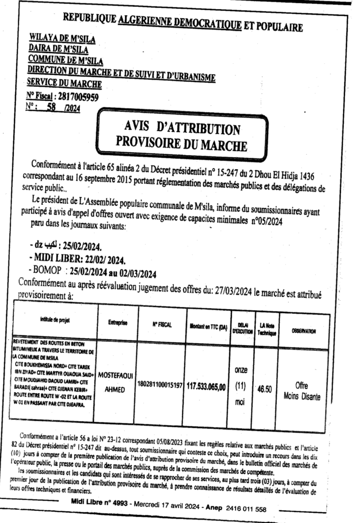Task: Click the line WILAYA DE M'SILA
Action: pos(62,38)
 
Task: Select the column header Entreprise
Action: pos(117,323)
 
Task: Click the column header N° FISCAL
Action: pos(160,324)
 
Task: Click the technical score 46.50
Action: pos(264,389)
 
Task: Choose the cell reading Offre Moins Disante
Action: pos(301,392)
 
